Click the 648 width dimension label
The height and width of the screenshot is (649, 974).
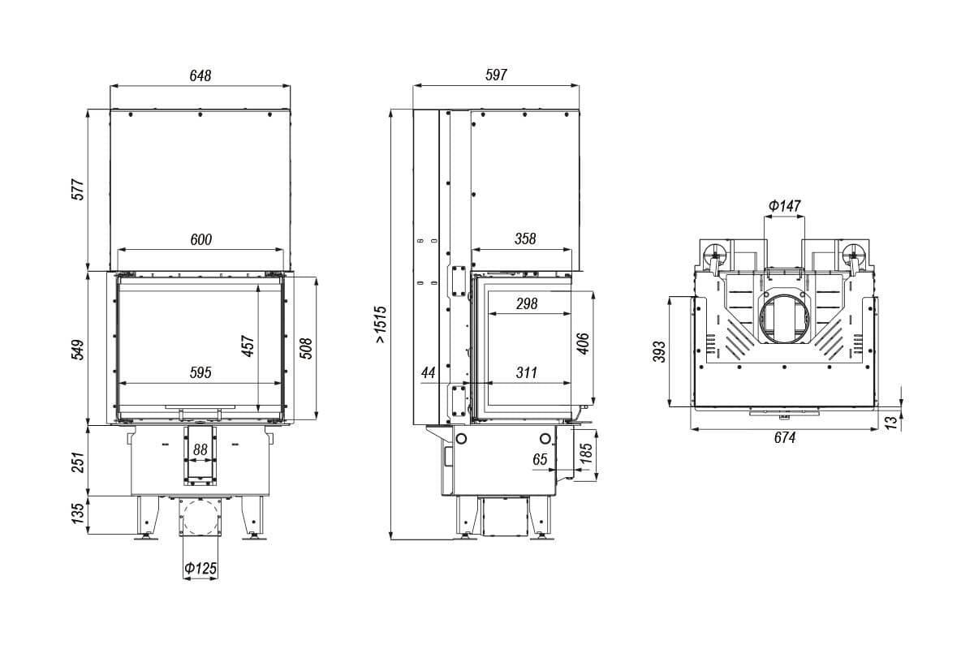click(x=200, y=75)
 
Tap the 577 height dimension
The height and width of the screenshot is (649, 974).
click(x=78, y=189)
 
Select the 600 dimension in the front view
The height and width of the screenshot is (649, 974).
click(x=201, y=239)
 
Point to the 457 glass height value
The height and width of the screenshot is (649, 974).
click(x=248, y=346)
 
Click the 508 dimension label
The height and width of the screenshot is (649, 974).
click(x=307, y=348)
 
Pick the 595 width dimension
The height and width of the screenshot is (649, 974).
click(x=200, y=372)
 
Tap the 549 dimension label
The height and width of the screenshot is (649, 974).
click(x=78, y=350)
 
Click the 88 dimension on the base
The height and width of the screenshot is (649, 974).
click(x=200, y=449)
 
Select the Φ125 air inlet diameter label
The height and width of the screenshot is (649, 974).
click(x=200, y=568)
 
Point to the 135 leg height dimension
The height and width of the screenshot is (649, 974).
click(x=77, y=514)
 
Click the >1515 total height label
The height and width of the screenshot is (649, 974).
click(x=380, y=324)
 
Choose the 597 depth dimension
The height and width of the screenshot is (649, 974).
click(x=496, y=75)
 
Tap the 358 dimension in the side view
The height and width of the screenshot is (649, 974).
click(x=525, y=239)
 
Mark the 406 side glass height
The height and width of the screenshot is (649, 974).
click(x=583, y=343)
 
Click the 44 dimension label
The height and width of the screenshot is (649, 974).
click(x=429, y=372)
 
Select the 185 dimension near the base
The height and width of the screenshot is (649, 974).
click(x=586, y=453)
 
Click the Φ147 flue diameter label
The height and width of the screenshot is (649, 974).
click(x=784, y=205)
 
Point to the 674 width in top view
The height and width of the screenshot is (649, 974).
click(x=785, y=437)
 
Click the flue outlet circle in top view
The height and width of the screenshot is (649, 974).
click(x=785, y=319)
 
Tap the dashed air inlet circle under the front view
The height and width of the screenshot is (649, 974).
click(x=200, y=518)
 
